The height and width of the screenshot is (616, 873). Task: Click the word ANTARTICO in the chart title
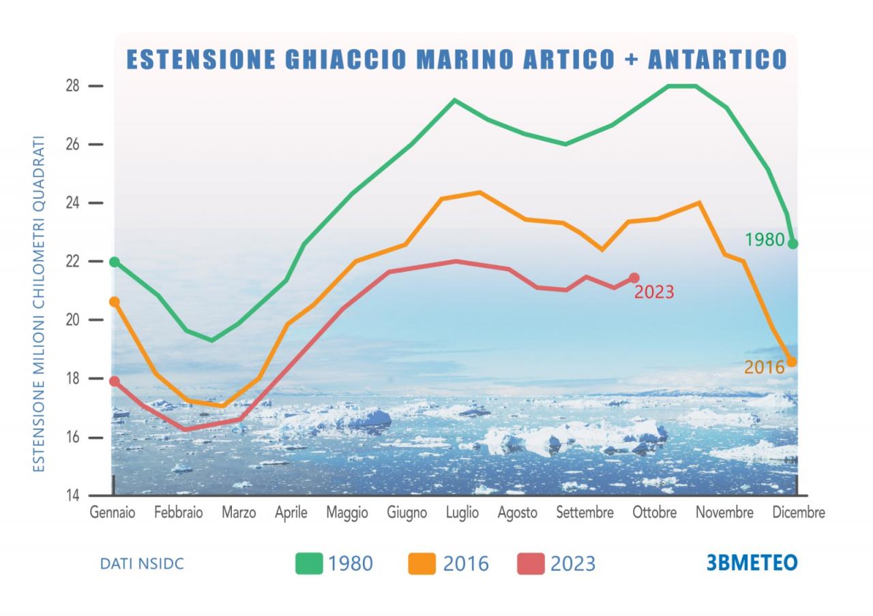(x=717, y=59)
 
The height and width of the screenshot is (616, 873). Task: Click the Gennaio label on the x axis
(x=113, y=512)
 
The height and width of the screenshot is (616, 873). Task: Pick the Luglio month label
(x=462, y=512)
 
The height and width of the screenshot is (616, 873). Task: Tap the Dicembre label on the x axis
(x=798, y=512)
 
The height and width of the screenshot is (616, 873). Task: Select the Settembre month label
(x=585, y=512)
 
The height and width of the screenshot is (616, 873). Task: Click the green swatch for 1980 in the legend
(x=308, y=564)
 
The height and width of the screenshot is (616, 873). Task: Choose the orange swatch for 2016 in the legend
(x=421, y=564)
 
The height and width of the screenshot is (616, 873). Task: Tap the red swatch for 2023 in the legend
(x=531, y=564)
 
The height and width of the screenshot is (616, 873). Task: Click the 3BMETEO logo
(x=752, y=563)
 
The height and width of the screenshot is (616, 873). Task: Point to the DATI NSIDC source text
(x=142, y=564)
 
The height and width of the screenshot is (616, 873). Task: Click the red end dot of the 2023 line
(x=634, y=277)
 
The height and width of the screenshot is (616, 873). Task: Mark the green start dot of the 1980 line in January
(x=115, y=262)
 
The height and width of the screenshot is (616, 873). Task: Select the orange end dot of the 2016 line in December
(x=791, y=362)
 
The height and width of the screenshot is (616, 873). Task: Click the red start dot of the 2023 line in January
(x=115, y=382)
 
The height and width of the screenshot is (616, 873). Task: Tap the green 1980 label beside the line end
(x=764, y=240)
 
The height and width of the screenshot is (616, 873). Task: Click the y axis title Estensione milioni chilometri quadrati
(x=40, y=303)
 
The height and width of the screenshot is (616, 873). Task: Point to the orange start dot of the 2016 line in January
(x=115, y=301)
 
